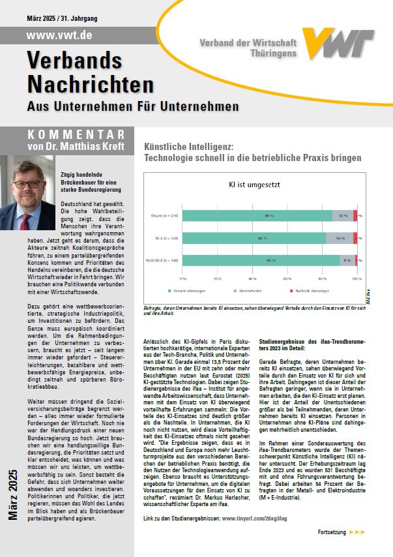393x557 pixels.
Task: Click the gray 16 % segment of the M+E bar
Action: point(339,238)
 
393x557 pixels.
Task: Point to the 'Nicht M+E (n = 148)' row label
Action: point(163,261)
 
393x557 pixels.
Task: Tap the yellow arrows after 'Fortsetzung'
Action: point(357,532)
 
